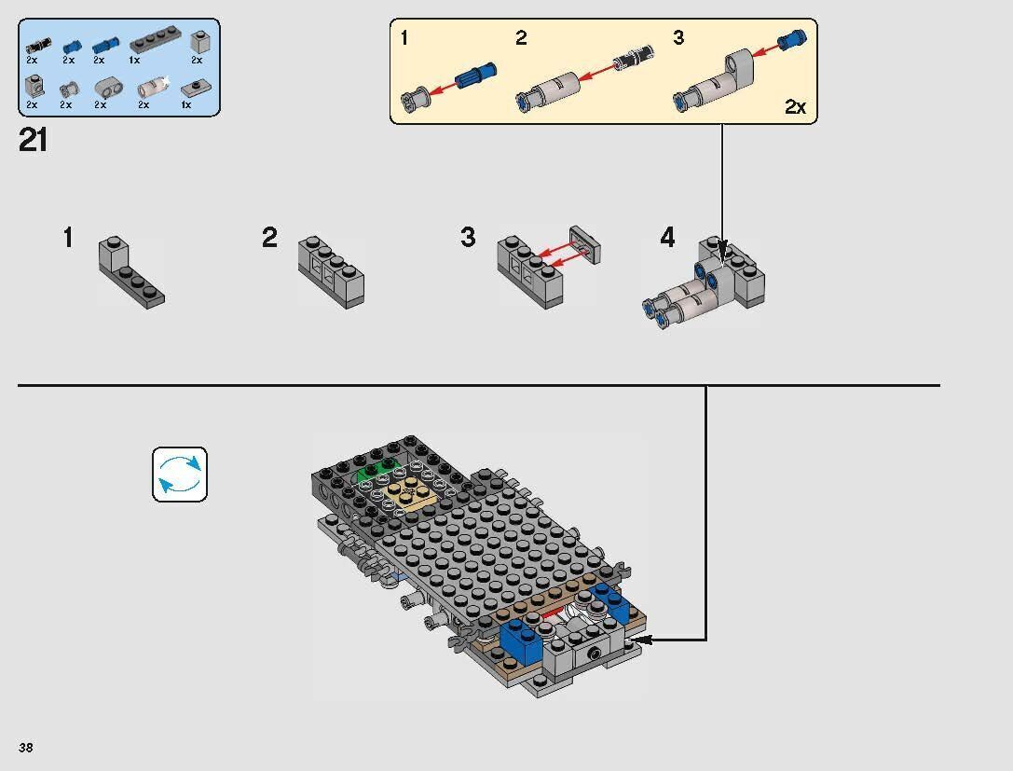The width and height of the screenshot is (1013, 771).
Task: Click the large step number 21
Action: pyautogui.click(x=33, y=140)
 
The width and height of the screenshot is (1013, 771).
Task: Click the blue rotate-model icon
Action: pyautogui.click(x=180, y=475)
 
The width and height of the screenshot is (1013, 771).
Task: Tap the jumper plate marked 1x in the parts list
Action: pyautogui.click(x=192, y=89)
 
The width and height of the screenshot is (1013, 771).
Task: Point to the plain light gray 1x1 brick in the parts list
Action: pyautogui.click(x=198, y=42)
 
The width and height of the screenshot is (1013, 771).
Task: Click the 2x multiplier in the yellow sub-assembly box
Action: pyautogui.click(x=794, y=107)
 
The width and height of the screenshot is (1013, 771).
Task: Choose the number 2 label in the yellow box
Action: pyautogui.click(x=521, y=38)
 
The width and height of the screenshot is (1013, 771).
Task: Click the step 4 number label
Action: pyautogui.click(x=667, y=238)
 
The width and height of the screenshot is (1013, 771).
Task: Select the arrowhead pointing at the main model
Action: pyautogui.click(x=642, y=640)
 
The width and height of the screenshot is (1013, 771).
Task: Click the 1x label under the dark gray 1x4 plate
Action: pyautogui.click(x=134, y=60)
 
